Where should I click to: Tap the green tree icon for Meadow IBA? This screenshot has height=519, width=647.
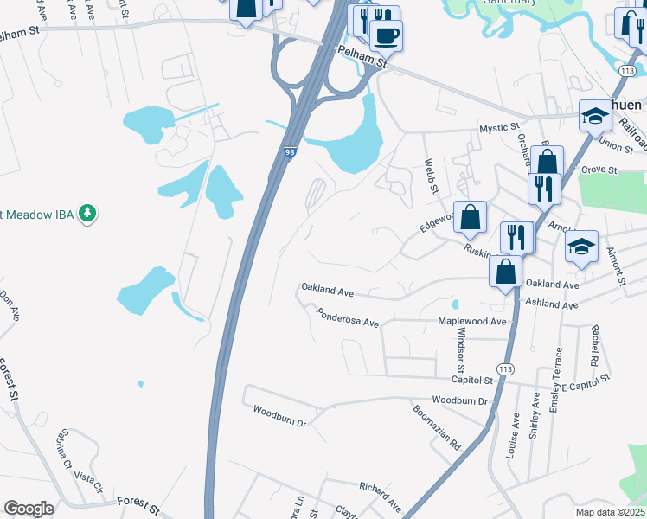click(x=86, y=213)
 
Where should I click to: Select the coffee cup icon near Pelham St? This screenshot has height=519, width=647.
click(x=385, y=36)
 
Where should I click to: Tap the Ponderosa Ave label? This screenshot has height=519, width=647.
click(x=348, y=317)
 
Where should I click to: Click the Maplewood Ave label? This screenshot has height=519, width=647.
click(x=472, y=322)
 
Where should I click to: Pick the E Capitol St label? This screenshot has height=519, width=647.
click(x=586, y=379)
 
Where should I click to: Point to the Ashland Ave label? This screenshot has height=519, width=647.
click(x=552, y=305)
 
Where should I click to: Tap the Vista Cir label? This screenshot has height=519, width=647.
click(x=88, y=477)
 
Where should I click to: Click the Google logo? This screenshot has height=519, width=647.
click(x=29, y=509)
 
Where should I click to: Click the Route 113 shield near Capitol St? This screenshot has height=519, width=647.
click(x=506, y=369)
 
